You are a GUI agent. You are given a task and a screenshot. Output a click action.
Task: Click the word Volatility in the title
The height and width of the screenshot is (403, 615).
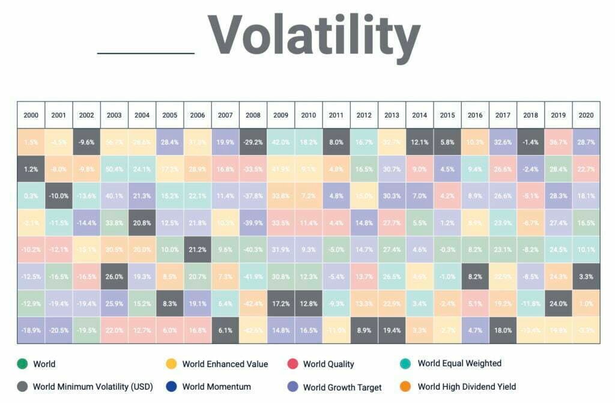pos(314,34)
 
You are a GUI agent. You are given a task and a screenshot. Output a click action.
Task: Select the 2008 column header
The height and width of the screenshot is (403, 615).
pos(253,115)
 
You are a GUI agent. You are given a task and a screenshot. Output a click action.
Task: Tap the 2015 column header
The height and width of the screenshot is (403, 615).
pos(447,115)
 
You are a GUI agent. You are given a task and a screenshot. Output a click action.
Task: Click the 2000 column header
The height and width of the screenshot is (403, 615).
pos(31,115)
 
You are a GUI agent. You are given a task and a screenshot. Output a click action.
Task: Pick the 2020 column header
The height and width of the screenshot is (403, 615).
pos(586,115)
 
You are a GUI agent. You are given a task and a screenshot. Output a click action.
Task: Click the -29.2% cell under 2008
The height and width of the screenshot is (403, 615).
pos(253,142)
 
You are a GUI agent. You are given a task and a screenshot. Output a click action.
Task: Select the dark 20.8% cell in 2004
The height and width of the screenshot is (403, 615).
pos(142,223)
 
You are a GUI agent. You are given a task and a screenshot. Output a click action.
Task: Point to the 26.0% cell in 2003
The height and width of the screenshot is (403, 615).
pos(114,276)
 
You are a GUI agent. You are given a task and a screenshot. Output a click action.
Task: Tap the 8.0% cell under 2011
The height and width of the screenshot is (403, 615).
pos(336,142)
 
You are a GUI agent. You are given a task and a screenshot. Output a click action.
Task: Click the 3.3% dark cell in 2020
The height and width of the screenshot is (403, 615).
pos(586,276)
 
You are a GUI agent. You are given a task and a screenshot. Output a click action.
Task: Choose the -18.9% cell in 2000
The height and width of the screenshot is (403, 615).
pos(31,330)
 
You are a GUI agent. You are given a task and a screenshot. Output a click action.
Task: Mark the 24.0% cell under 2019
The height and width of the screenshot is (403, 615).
pos(559,303)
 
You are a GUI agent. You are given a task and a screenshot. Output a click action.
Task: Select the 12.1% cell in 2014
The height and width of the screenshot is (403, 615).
pos(420,142)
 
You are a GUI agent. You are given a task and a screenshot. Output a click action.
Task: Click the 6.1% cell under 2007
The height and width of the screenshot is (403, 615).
pos(225,330)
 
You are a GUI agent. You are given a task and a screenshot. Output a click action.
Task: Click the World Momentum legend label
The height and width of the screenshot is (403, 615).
pos(217,387)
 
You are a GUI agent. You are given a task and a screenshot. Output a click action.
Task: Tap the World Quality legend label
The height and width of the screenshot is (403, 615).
pos(329,364)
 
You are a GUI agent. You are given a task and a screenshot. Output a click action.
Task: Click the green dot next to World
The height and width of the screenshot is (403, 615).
pos(22,364)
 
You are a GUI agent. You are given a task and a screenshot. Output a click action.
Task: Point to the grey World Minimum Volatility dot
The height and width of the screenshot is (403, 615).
pos(22,387)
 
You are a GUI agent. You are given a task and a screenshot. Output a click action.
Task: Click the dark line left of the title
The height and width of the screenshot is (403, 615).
pos(146,53)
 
